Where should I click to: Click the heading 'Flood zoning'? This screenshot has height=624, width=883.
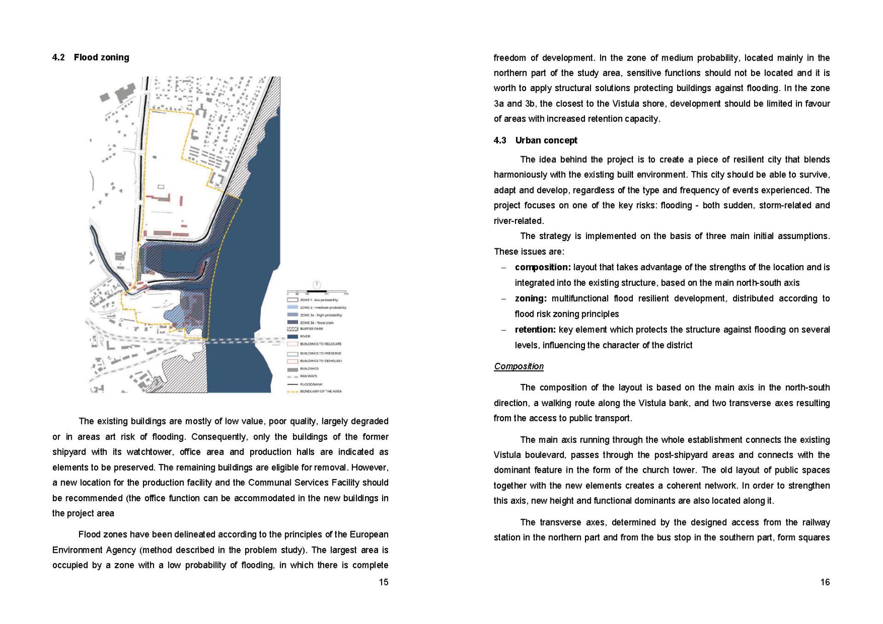pyautogui.click(x=101, y=57)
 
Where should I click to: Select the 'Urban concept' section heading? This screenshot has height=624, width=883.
pyautogui.click(x=546, y=140)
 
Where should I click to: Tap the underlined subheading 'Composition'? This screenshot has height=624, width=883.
pyautogui.click(x=518, y=366)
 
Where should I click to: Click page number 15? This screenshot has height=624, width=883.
pyautogui.click(x=383, y=582)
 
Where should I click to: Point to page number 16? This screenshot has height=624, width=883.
pyautogui.click(x=825, y=582)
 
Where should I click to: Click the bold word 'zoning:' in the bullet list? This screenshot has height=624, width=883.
pyautogui.click(x=531, y=298)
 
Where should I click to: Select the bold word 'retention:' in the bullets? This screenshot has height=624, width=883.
pyautogui.click(x=535, y=330)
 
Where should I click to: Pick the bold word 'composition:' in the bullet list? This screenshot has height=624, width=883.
pyautogui.click(x=543, y=267)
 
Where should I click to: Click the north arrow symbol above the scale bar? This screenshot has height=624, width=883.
pyautogui.click(x=317, y=285)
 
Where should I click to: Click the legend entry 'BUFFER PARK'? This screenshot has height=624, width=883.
pyautogui.click(x=311, y=329)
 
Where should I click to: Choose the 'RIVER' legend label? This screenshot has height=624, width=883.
pyautogui.click(x=305, y=336)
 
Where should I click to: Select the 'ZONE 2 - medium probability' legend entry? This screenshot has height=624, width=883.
pyautogui.click(x=323, y=307)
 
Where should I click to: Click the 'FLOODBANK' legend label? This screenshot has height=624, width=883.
pyautogui.click(x=311, y=384)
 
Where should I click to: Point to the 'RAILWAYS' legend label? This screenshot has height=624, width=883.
pyautogui.click(x=308, y=376)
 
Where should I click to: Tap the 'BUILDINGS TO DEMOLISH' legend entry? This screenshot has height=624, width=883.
pyautogui.click(x=321, y=361)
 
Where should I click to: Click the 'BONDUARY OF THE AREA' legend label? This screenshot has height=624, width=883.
pyautogui.click(x=321, y=391)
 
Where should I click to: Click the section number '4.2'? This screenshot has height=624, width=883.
pyautogui.click(x=58, y=57)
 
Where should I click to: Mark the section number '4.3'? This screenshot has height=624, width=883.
pyautogui.click(x=499, y=140)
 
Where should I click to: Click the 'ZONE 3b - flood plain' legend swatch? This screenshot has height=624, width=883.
pyautogui.click(x=292, y=322)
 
